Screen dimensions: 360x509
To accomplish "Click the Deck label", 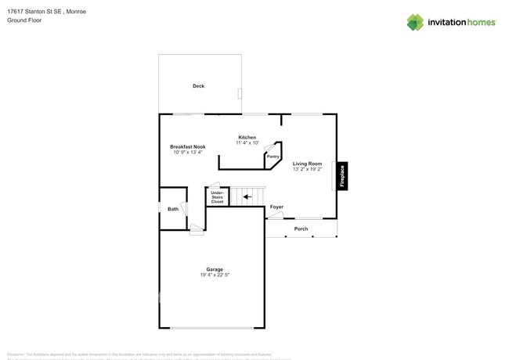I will coord(198,86).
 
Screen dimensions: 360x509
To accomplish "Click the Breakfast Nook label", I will coord(188,146).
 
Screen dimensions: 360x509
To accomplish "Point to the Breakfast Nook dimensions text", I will coord(188,153).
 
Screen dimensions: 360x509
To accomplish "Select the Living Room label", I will coord(307,164).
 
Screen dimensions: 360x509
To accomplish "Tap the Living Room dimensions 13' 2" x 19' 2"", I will coord(307,170).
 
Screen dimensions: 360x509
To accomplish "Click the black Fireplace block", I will coord(341,176).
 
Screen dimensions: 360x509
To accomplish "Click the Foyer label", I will coord(276,207).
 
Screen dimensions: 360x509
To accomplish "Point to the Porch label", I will coord(301,229).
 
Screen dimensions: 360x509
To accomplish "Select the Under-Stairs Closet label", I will coord(217,196).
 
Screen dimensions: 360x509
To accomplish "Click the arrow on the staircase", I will coord(247,197).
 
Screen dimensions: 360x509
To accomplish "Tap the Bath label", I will coord(172,209).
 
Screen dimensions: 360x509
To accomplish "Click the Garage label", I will coord(215,269).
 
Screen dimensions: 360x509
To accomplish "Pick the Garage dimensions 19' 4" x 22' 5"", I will coord(215,275).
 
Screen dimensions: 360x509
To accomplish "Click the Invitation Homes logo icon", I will coord(415,22).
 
